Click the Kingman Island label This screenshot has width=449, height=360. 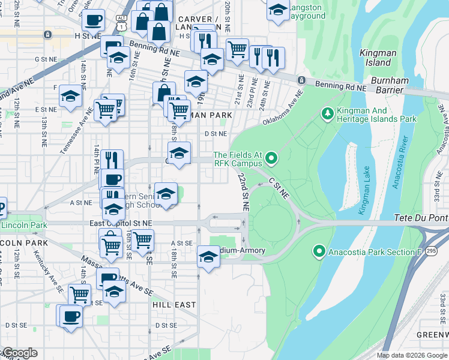[378, 58]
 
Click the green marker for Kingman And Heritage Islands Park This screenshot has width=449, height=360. [327, 113]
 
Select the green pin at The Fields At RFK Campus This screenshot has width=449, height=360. [271, 158]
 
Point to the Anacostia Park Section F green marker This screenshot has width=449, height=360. [319, 251]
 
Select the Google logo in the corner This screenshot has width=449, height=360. [19, 353]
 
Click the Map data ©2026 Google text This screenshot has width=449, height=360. [412, 355]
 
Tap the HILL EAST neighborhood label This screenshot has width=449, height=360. [174, 305]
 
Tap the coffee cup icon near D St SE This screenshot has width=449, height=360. [70, 316]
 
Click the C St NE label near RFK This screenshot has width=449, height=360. [279, 188]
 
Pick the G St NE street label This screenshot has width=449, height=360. [45, 59]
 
